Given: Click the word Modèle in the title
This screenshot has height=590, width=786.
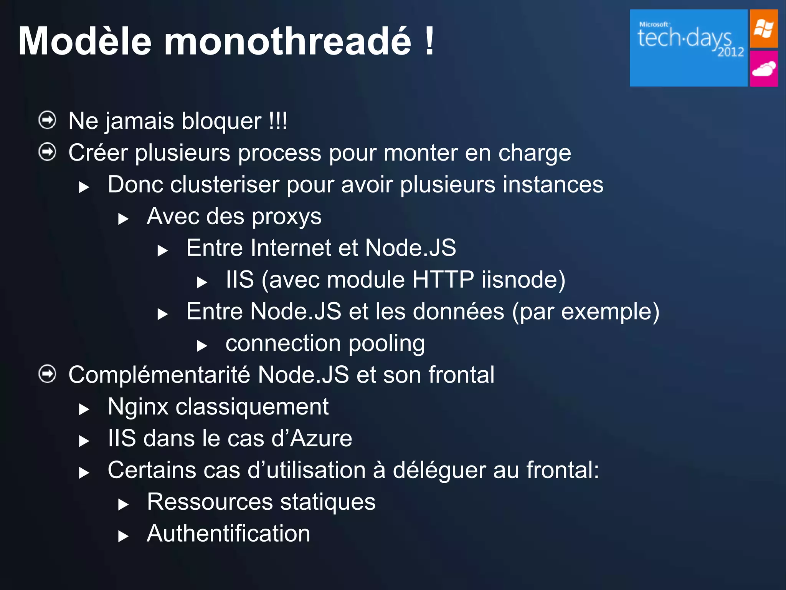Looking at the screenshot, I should (x=85, y=41).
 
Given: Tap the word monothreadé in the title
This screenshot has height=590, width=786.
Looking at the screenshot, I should (x=287, y=41).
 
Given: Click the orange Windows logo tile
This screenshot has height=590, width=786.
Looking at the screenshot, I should (x=764, y=29).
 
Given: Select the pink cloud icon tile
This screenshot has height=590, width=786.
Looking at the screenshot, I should (x=764, y=69).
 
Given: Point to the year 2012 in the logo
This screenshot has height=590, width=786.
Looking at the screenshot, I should (x=731, y=52).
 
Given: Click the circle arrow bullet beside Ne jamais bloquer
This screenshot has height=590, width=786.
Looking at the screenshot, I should (x=48, y=120).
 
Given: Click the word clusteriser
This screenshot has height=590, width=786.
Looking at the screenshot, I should (x=225, y=185).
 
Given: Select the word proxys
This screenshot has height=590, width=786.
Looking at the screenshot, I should (x=287, y=217).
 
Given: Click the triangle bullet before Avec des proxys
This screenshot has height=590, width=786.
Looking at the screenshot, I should (x=123, y=219).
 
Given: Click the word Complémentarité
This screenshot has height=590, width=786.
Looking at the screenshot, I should (x=159, y=375).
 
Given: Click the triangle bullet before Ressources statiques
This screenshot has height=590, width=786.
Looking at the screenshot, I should (x=123, y=504).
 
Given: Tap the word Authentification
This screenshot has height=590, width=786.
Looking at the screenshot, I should (x=228, y=534).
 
